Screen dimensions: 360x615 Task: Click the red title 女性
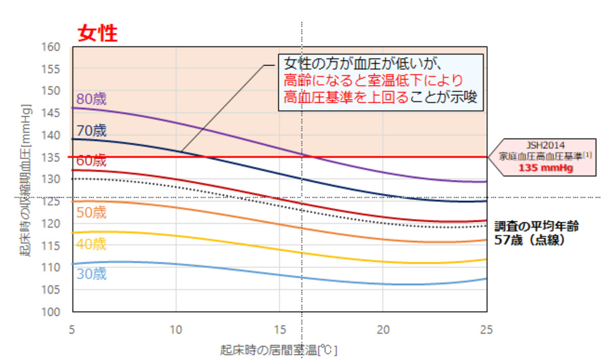tap(98, 33)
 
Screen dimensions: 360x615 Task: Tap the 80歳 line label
tap(91, 99)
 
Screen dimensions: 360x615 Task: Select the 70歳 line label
tap(91, 130)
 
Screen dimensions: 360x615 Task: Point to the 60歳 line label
tap(91, 161)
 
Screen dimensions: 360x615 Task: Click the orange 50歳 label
tap(91, 213)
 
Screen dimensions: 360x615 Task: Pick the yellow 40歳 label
tap(91, 244)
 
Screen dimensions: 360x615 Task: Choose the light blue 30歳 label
tap(91, 274)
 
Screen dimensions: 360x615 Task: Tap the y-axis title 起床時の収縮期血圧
tap(27, 179)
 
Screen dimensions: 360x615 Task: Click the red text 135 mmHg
tap(546, 168)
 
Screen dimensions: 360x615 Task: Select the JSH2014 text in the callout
tap(546, 145)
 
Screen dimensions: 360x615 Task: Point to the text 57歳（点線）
tap(529, 240)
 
